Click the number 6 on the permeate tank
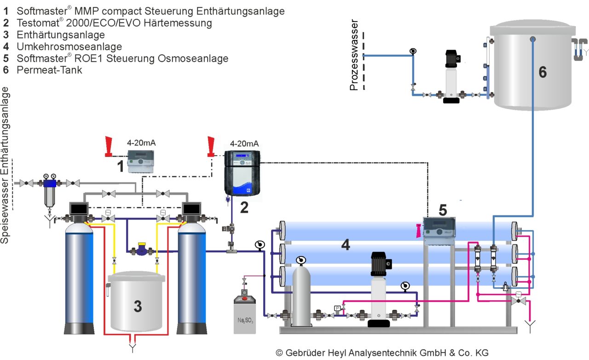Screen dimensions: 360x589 click(543, 72)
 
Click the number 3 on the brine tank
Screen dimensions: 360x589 click(138, 306)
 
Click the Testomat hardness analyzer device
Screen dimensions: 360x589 click(242, 173)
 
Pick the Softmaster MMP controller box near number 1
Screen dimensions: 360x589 click(141, 162)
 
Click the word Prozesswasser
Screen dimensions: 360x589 click(354, 56)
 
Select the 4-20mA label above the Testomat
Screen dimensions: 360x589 click(244, 144)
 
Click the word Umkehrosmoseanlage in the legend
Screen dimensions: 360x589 click(69, 46)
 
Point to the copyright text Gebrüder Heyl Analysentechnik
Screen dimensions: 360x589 click(382, 353)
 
